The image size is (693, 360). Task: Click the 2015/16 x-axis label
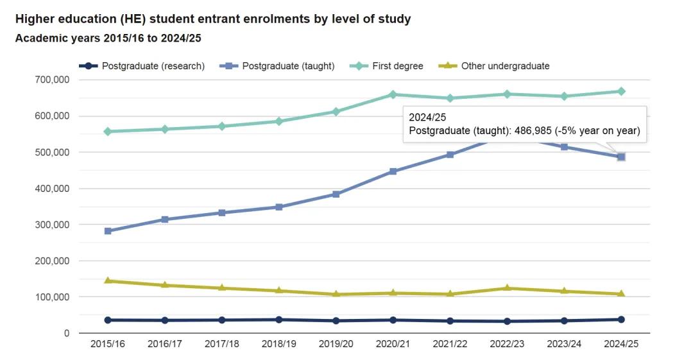pyautogui.click(x=108, y=344)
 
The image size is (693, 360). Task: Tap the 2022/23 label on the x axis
pyautogui.click(x=507, y=344)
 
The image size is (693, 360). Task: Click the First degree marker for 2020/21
pyautogui.click(x=393, y=94)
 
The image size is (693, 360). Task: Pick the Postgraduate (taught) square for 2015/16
pyautogui.click(x=108, y=231)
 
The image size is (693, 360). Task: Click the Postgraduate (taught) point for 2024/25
pyautogui.click(x=621, y=157)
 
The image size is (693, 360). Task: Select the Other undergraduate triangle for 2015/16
pyautogui.click(x=108, y=281)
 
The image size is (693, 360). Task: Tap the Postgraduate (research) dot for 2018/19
pyautogui.click(x=279, y=320)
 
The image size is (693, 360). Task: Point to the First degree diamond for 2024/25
pyautogui.click(x=621, y=91)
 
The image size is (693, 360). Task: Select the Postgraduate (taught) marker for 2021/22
pyautogui.click(x=450, y=155)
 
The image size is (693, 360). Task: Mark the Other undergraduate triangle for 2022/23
pyautogui.click(x=507, y=288)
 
